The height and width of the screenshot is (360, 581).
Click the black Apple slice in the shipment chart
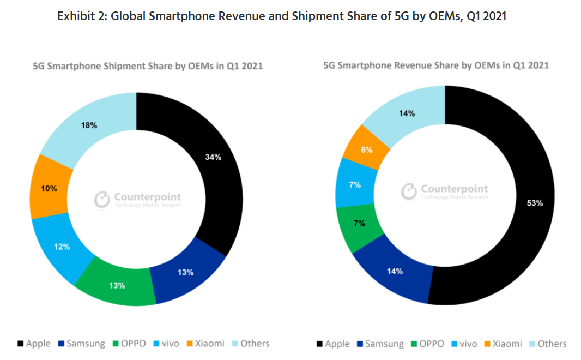point(218,180)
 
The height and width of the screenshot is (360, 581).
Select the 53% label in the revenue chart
point(535,203)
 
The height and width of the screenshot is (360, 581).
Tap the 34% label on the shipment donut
point(213,157)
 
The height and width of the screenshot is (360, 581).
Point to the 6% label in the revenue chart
point(367,149)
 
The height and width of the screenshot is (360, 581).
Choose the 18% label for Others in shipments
point(89,125)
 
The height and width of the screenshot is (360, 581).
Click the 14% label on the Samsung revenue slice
point(395,271)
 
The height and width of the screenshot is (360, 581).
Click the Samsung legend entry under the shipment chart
point(82,344)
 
